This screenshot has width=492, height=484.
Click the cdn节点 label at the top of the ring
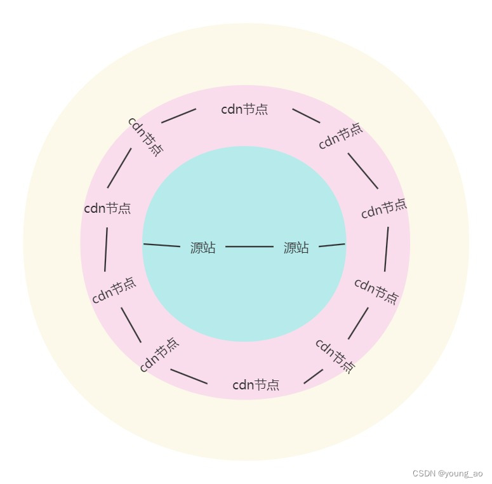(244, 109)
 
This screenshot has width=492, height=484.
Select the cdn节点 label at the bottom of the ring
(256, 385)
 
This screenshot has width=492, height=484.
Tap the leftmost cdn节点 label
(107, 208)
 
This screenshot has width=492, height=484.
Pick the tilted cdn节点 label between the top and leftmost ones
(145, 135)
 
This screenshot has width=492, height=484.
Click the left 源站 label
(203, 248)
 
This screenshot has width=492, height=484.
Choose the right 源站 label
(296, 248)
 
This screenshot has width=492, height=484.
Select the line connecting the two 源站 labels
(249, 246)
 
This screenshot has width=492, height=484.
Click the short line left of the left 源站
(162, 245)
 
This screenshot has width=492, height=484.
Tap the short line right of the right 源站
(332, 245)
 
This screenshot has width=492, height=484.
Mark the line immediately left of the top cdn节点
(178, 116)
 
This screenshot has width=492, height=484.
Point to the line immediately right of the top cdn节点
(306, 116)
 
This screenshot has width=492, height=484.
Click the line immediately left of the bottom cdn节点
(189, 377)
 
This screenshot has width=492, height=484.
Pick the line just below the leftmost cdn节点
(106, 249)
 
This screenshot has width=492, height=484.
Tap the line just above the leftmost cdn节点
(119, 168)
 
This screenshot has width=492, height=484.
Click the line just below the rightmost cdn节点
(386, 249)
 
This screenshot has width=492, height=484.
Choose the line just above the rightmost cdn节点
(362, 171)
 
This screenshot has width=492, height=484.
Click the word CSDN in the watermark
(423, 473)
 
